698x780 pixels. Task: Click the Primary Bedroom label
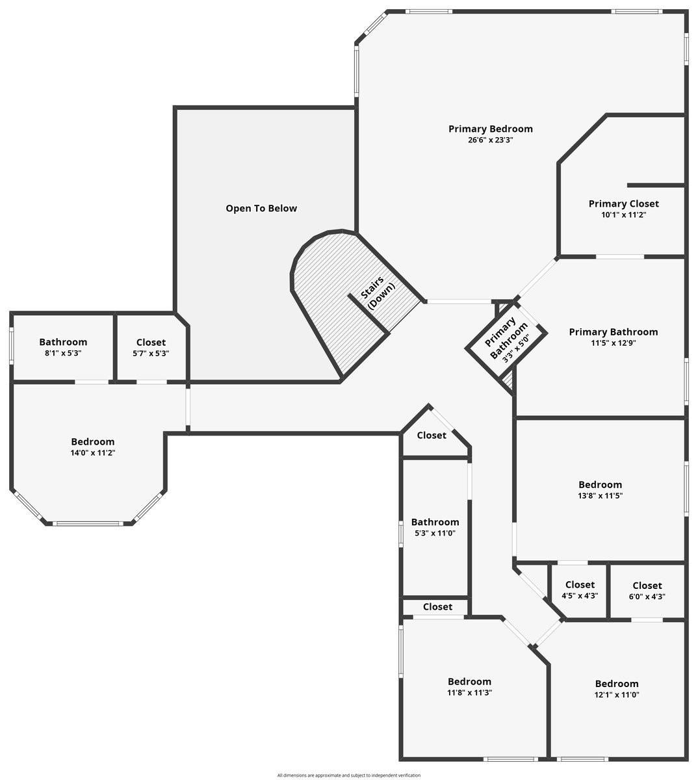click(490, 129)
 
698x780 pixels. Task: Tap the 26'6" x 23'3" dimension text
click(491, 140)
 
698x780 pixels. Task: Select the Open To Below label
click(261, 208)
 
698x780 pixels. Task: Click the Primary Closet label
click(623, 203)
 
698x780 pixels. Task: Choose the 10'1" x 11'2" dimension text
click(623, 214)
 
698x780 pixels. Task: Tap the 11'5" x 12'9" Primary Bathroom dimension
click(613, 343)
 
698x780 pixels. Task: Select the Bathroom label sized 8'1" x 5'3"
click(63, 342)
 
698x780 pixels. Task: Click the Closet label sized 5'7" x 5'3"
click(151, 342)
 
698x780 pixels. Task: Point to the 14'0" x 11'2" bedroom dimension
click(92, 453)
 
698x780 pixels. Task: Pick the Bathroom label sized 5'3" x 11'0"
click(435, 522)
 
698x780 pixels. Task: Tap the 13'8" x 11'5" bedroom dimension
click(600, 495)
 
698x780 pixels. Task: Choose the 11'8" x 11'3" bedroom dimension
click(469, 693)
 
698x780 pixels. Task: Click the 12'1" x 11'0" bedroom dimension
click(617, 695)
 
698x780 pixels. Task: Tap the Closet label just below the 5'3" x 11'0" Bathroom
click(437, 606)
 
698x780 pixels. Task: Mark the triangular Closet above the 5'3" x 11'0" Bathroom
click(432, 435)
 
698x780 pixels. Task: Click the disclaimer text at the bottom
click(348, 775)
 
